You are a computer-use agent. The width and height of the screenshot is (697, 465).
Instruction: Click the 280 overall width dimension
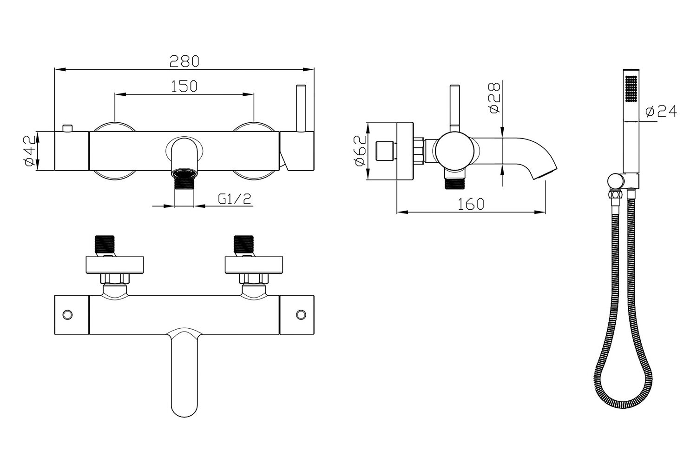[x=184, y=61]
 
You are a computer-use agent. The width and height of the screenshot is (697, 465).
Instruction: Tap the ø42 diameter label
[x=29, y=151]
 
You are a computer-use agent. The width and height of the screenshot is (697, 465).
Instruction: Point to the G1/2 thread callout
[x=235, y=199]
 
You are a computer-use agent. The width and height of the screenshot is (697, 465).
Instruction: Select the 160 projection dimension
[x=470, y=204]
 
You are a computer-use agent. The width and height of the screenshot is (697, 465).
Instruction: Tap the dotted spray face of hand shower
[x=631, y=88]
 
